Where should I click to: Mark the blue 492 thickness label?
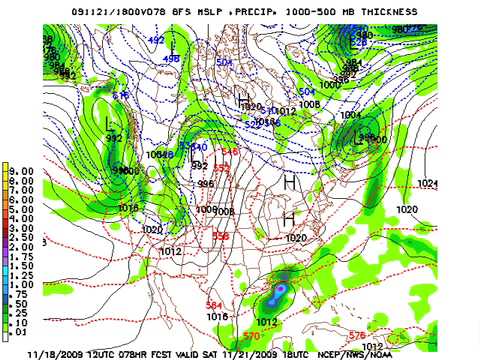pyautogui.click(x=156, y=40)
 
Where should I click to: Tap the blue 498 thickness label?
pyautogui.click(x=171, y=59)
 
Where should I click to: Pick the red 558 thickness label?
pyautogui.click(x=221, y=236)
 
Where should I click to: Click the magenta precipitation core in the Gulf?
pyautogui.click(x=281, y=289)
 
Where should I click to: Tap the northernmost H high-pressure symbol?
pyautogui.click(x=243, y=98)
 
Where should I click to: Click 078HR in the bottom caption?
pyautogui.click(x=164, y=353)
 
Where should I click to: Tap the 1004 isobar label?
pyautogui.click(x=351, y=115)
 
